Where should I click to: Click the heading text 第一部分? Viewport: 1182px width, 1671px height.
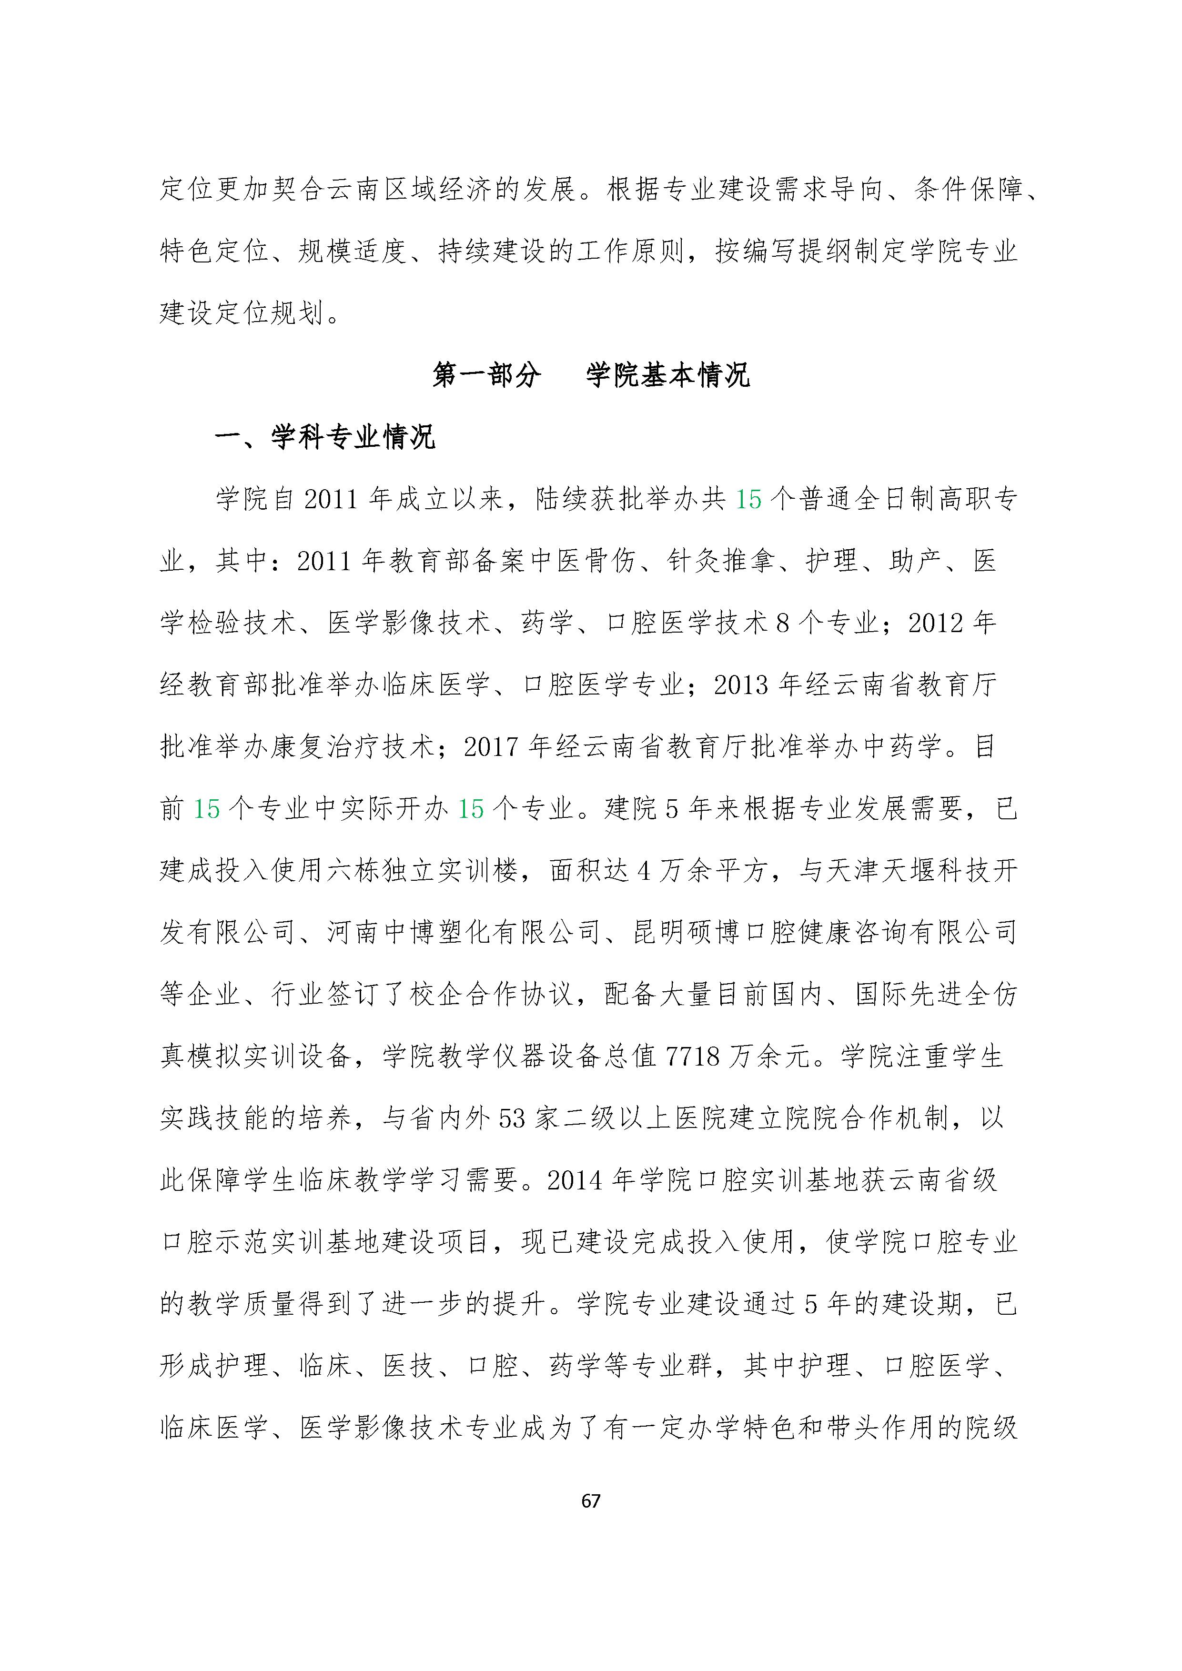486,375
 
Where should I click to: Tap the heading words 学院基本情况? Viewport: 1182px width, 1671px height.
667,375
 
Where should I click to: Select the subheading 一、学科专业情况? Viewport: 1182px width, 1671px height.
324,437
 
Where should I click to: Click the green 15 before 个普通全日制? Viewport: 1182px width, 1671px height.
748,499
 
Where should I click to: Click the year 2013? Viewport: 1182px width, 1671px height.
741,685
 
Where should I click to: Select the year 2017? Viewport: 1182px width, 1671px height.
491,747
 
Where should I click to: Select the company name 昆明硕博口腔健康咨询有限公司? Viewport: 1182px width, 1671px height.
825,932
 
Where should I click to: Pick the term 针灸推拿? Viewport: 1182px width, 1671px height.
720,561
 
